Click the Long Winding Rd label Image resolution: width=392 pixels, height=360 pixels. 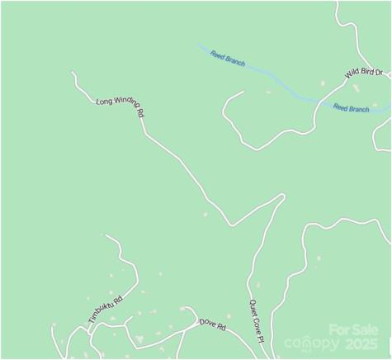point(120,106)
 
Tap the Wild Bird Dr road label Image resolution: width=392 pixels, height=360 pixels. point(364,74)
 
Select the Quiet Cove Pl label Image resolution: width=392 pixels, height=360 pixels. point(256,321)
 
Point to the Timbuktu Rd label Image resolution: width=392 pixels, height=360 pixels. point(105,309)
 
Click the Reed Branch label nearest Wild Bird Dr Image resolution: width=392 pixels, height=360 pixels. point(351,108)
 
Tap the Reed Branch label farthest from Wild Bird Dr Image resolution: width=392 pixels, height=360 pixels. point(228,59)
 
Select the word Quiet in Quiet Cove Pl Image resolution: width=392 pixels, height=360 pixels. point(253,306)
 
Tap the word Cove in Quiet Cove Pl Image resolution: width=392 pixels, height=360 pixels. point(256,323)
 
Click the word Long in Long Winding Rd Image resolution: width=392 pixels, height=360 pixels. point(103,102)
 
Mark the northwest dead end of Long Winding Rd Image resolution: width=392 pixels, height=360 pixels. point(73,73)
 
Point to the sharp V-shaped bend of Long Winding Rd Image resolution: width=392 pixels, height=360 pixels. point(232,225)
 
